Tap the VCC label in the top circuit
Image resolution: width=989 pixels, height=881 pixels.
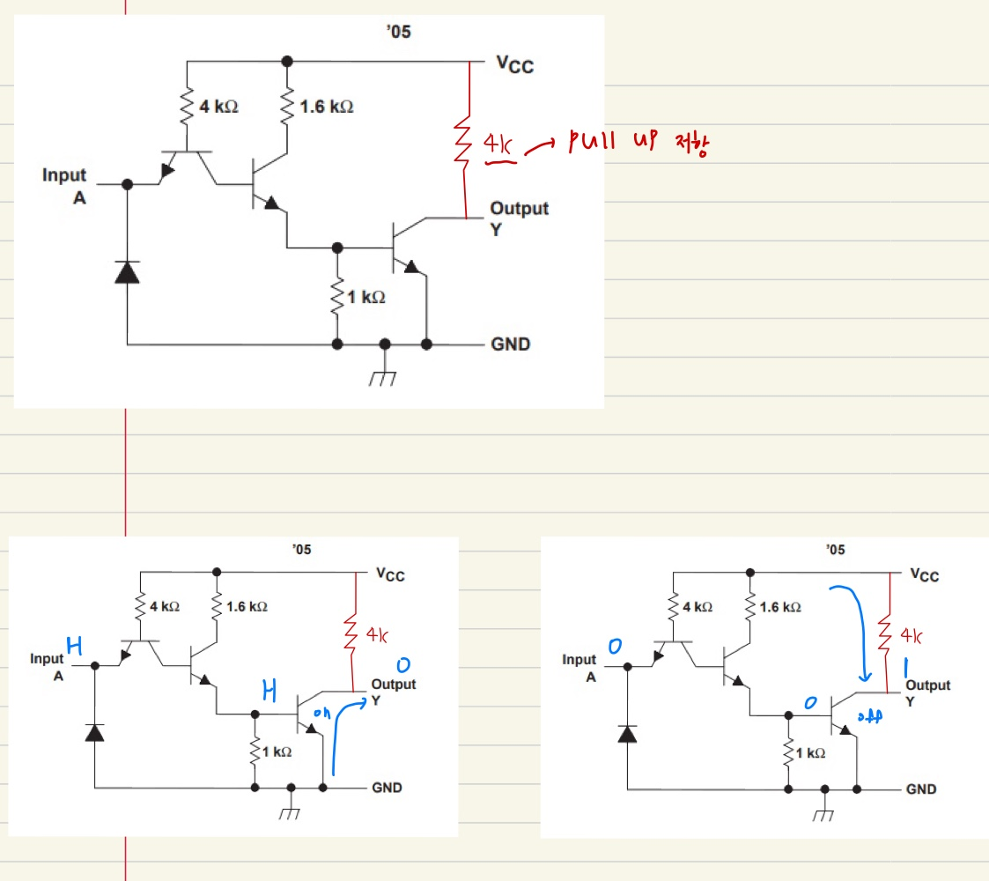[515, 64]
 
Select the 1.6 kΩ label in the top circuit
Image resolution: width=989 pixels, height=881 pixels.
[327, 107]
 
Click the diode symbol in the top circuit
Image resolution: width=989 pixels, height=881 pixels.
[128, 272]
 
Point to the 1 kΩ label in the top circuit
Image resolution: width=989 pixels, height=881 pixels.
[366, 298]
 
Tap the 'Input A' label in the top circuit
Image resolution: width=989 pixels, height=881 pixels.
[65, 186]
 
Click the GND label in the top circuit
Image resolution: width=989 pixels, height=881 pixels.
[511, 344]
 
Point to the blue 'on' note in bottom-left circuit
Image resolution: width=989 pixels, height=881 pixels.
[322, 715]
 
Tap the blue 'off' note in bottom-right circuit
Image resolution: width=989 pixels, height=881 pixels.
[867, 718]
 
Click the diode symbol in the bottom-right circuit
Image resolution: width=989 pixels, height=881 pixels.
[627, 733]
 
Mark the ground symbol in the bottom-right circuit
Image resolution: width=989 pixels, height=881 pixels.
[823, 815]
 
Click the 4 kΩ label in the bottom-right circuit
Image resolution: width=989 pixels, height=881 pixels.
[696, 608]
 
